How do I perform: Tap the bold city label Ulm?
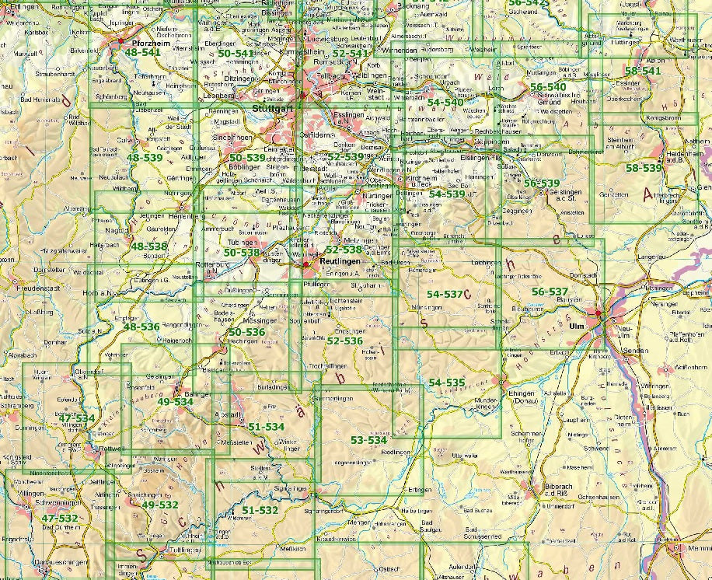(576, 326)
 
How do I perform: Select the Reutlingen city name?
(336, 264)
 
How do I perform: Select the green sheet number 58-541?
(641, 71)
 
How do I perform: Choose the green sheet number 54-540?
(445, 102)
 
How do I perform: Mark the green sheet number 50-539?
(247, 157)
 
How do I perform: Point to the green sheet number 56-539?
(541, 183)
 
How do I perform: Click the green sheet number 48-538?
(148, 246)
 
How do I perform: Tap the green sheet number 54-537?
(445, 294)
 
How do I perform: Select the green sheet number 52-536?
(344, 341)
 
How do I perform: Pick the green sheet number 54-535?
(446, 383)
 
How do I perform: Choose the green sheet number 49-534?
(174, 402)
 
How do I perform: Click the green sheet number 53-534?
(368, 440)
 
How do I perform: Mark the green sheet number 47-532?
(60, 518)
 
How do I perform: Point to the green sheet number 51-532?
(260, 510)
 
